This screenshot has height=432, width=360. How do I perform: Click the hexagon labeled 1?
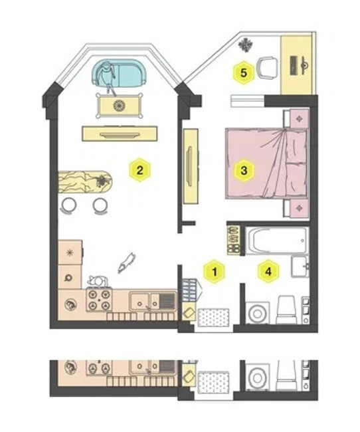pos(215,272)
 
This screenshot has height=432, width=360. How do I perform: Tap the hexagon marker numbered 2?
pos(140,169)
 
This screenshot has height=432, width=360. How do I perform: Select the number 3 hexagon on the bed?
pos(244,170)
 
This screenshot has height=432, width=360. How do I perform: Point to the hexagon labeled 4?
pos(268,271)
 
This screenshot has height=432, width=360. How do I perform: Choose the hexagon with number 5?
pos(244,73)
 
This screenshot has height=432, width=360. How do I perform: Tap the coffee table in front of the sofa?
pos(120,106)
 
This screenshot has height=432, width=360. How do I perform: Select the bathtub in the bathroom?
pos(277,240)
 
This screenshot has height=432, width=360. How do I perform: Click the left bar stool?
pos(68,205)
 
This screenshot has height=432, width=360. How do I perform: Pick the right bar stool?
pos(100,205)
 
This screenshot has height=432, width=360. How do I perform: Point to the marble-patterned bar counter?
pos(85,182)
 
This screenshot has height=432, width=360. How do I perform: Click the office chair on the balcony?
pos(266,68)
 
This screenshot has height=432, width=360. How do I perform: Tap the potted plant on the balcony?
pos(245,45)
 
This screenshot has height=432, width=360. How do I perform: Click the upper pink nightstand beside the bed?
pos(300,118)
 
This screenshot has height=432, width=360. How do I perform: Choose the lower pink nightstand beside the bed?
pos(300,209)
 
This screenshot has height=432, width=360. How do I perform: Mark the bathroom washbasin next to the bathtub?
pos(300,267)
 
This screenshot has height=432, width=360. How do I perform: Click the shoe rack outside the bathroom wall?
pos(233,240)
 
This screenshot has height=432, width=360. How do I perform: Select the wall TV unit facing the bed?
pos(191,166)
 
